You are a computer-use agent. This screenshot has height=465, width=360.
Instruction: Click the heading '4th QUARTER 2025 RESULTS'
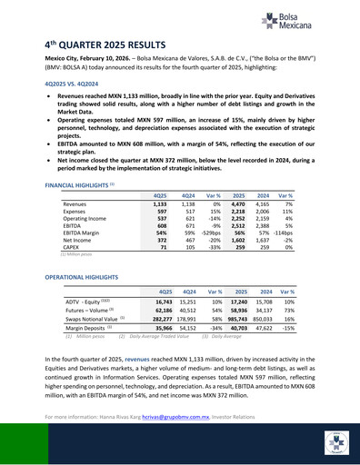point(119,44)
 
